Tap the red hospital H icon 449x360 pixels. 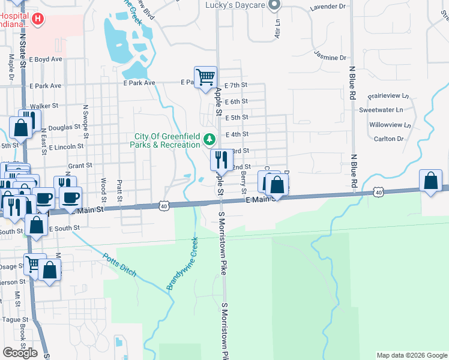(x=38, y=19)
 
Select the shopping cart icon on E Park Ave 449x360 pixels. (x=206, y=77)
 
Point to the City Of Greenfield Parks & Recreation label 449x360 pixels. (x=167, y=140)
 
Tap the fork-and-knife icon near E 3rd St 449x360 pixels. (x=221, y=160)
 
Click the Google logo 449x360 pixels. (x=20, y=353)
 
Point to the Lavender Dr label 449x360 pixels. (x=328, y=7)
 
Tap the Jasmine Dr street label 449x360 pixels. (x=330, y=58)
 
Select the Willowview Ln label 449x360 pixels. (x=390, y=125)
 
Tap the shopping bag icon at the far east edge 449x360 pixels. (x=431, y=181)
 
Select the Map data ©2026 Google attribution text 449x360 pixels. (x=412, y=355)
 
